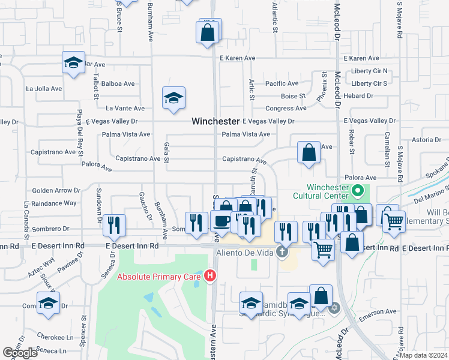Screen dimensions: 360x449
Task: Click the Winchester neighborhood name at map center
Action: [215, 121]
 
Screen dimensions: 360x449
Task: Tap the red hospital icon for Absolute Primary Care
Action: [210, 277]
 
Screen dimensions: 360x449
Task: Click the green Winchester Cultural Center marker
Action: [358, 192]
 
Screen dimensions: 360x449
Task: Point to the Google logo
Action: [20, 353]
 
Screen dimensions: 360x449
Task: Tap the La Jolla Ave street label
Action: [44, 89]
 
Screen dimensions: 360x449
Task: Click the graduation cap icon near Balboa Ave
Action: [73, 63]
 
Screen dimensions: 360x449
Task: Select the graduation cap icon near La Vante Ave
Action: [173, 98]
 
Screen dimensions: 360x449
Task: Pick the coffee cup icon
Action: [221, 221]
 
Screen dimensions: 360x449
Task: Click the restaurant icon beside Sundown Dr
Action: [113, 226]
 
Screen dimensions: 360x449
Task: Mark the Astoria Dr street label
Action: [426, 140]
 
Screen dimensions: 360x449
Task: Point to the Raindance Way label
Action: [55, 203]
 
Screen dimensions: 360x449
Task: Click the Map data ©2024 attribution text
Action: [424, 355]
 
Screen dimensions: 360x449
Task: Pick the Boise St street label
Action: [294, 96]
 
